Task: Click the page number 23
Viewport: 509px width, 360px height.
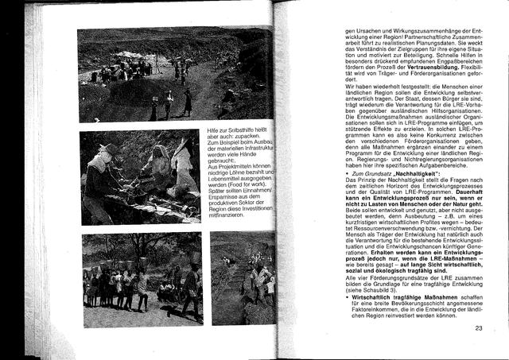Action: (x=479, y=328)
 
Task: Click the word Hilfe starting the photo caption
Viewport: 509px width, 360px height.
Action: (x=214, y=129)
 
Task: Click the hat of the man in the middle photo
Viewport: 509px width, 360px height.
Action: (x=103, y=149)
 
